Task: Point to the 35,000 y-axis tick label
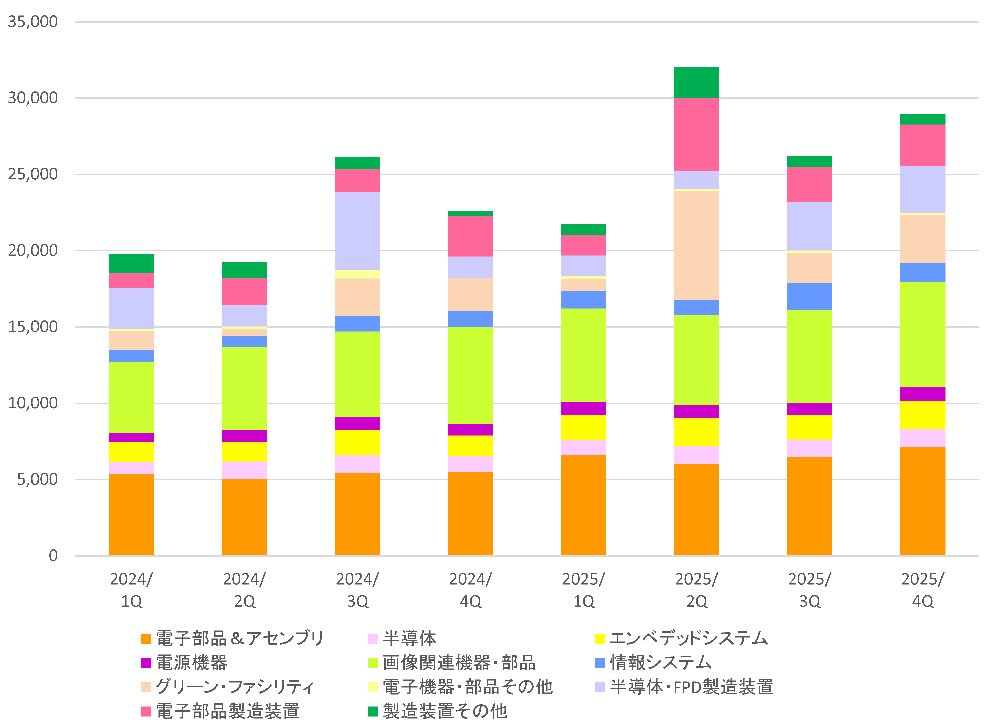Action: click(33, 22)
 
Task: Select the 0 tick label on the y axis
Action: click(53, 555)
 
